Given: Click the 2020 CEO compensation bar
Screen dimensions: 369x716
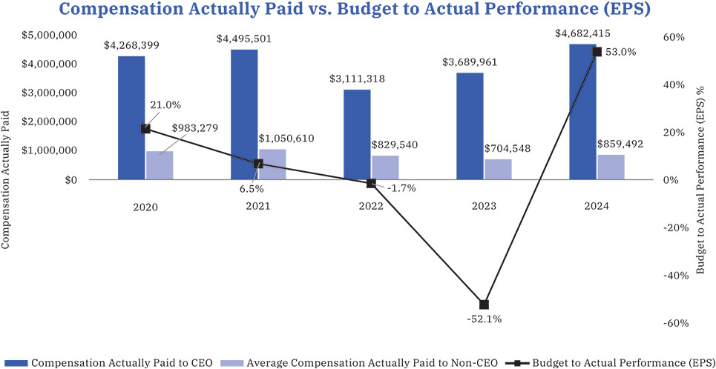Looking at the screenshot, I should click(x=131, y=119).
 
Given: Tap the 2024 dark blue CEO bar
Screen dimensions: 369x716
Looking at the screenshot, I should click(x=582, y=112).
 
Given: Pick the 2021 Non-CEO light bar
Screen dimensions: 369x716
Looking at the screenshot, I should click(x=272, y=164).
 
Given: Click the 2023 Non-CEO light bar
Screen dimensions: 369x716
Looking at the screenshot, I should click(x=498, y=170).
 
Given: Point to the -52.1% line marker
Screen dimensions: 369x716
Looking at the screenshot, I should click(x=485, y=305).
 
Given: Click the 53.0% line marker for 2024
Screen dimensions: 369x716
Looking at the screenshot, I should click(x=597, y=51).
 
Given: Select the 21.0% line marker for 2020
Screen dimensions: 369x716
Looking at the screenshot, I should click(x=145, y=129).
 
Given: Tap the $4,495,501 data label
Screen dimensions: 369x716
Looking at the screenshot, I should click(x=244, y=39).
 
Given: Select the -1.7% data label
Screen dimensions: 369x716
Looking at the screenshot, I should click(x=401, y=188).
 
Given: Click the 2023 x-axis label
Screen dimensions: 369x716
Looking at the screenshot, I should click(x=484, y=206).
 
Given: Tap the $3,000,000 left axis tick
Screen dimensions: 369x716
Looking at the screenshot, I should click(x=53, y=93).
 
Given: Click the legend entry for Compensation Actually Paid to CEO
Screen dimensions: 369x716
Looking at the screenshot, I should click(x=111, y=362).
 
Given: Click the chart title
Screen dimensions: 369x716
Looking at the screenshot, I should click(x=358, y=10).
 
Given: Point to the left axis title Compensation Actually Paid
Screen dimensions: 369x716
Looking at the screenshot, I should click(x=7, y=180).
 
